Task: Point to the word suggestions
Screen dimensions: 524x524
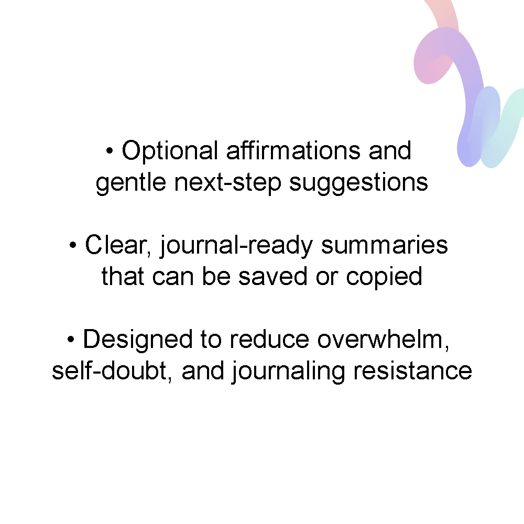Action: [x=358, y=183]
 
